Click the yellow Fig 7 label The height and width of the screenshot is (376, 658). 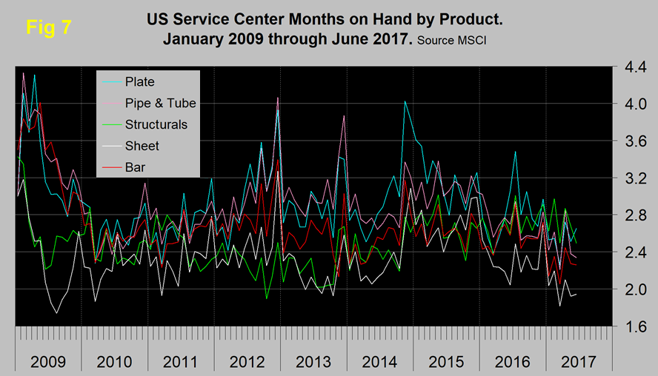click(x=48, y=27)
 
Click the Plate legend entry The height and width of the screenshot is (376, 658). click(x=140, y=81)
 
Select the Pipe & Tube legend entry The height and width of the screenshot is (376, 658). click(x=161, y=103)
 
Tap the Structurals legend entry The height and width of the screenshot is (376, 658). click(x=156, y=124)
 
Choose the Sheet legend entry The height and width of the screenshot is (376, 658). click(x=142, y=146)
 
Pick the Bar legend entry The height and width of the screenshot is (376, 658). click(x=136, y=167)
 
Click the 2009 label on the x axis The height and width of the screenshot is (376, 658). click(x=47, y=362)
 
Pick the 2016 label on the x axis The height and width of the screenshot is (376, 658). click(x=513, y=362)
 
